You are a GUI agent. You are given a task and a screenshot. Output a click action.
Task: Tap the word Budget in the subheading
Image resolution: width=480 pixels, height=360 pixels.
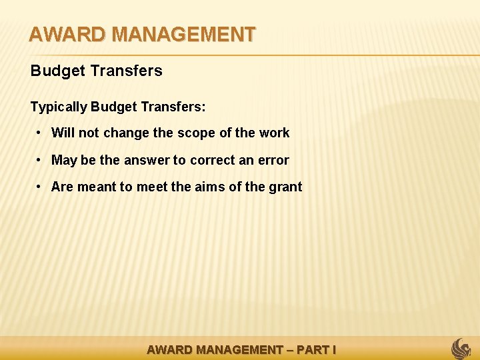(54, 71)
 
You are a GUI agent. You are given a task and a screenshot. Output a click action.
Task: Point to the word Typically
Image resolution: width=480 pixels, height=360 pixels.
(59, 107)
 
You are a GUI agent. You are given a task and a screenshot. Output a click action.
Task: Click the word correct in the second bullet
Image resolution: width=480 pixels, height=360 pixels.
(213, 160)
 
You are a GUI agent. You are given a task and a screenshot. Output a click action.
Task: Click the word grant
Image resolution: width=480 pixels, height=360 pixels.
(285, 187)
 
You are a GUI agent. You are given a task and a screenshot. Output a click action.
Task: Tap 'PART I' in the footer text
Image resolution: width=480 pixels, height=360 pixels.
(316, 350)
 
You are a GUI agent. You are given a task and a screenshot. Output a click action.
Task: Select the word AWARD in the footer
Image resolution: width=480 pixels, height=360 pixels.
(169, 350)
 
